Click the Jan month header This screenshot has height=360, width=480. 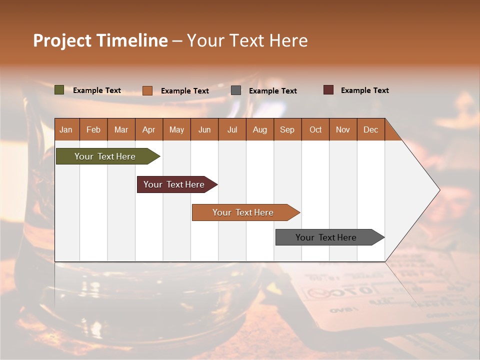(x=66, y=129)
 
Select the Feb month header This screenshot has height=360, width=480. (x=93, y=129)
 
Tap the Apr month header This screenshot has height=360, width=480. (x=148, y=129)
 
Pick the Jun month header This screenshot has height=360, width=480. (x=204, y=129)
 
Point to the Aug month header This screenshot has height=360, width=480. (x=259, y=129)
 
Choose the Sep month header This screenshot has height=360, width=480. (x=287, y=129)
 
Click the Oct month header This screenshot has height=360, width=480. (x=315, y=129)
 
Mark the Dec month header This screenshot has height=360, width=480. (x=370, y=129)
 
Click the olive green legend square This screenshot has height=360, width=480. (x=59, y=90)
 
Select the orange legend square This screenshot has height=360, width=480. (x=147, y=90)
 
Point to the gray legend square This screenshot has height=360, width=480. (x=236, y=90)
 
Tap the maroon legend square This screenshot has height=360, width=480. (x=328, y=90)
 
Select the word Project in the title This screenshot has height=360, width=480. (x=62, y=40)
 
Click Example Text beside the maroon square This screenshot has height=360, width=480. (x=364, y=90)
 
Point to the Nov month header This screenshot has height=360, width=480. (x=342, y=129)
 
